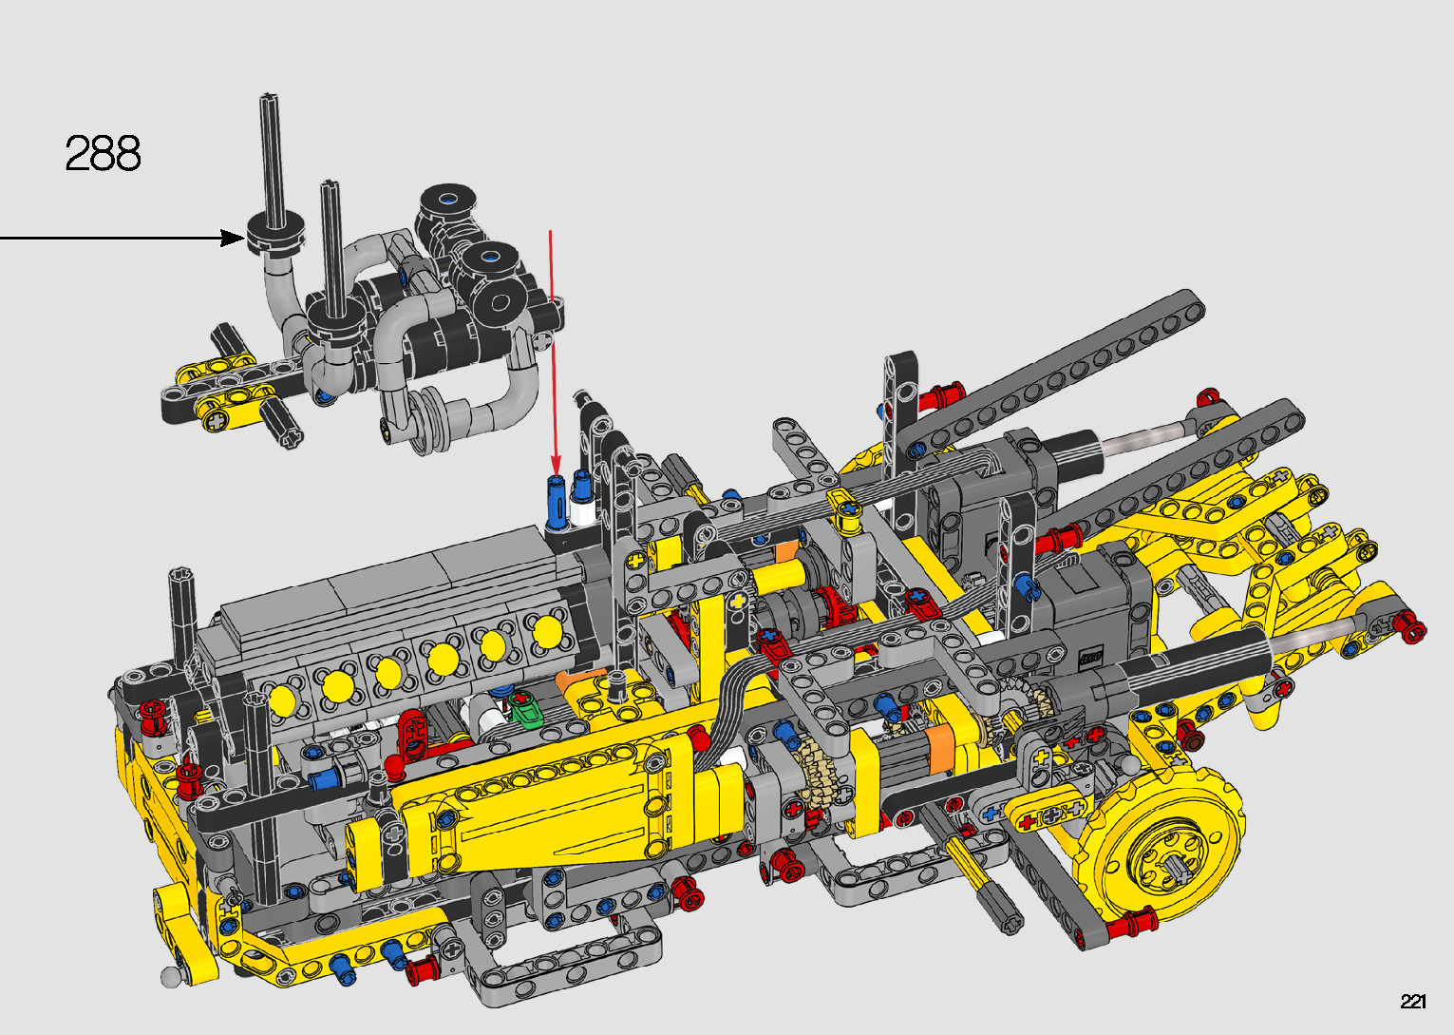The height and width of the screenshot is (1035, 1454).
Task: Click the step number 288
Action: coord(103,153)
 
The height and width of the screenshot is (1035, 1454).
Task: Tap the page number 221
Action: coord(1412,1001)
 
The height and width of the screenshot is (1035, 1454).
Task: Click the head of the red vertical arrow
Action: coord(556,467)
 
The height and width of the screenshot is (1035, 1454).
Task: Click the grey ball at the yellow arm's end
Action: coord(170,976)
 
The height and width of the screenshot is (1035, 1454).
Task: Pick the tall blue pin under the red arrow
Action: coord(557,502)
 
